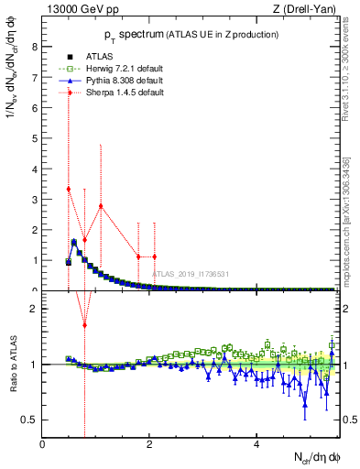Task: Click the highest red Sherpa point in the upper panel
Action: pos(69,189)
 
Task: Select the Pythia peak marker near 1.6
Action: pos(74,242)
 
